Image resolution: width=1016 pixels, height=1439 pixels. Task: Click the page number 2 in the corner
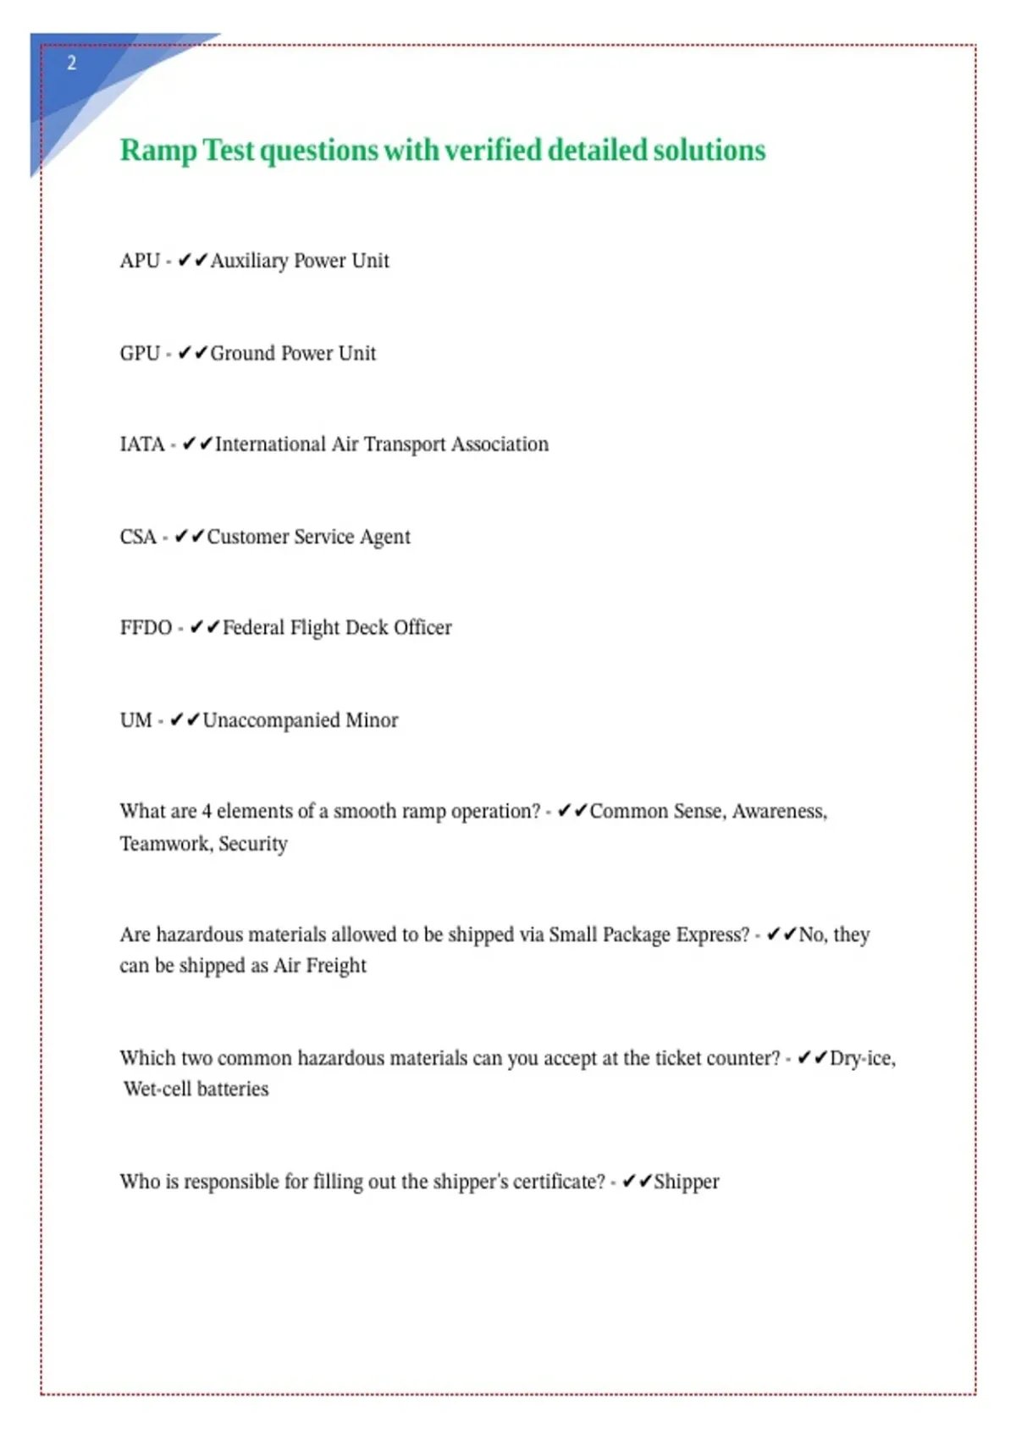[72, 63]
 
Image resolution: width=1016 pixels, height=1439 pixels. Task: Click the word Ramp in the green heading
[158, 151]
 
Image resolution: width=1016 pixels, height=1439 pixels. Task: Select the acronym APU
[140, 261]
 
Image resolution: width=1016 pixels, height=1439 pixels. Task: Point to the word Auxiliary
[249, 261]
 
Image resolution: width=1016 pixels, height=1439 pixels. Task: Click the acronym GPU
[140, 353]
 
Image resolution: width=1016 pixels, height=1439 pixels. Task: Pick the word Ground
[243, 353]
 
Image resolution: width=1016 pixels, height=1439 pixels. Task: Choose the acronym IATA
[142, 444]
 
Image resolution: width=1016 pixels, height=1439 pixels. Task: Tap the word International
[270, 444]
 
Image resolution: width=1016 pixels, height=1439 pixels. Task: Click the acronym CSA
[138, 537]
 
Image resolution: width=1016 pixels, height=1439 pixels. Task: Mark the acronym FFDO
[146, 628]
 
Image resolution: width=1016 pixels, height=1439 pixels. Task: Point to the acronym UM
[135, 720]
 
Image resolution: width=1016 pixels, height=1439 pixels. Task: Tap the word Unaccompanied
[271, 720]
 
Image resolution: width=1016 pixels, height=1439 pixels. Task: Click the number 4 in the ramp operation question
[206, 812]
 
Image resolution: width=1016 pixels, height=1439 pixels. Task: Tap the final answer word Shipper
[687, 1182]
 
